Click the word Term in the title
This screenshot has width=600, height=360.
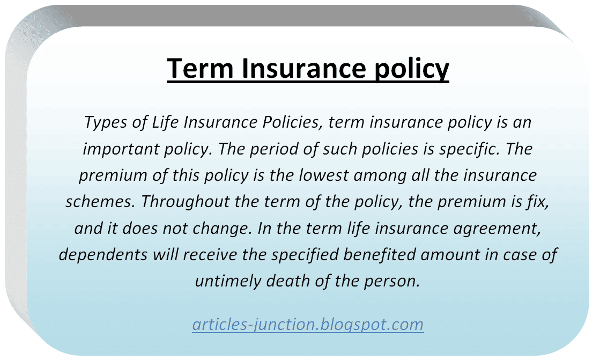[200, 69]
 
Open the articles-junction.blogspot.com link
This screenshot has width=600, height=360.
[308, 325]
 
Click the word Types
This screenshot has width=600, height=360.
[105, 122]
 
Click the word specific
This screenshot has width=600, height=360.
[469, 149]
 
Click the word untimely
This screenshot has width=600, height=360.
[228, 282]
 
